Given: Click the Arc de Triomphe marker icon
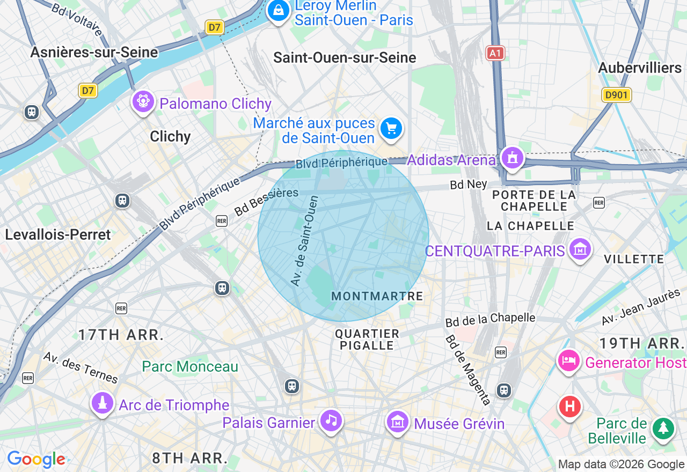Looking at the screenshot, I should pos(102,403).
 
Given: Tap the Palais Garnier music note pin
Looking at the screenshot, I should pos(331,421).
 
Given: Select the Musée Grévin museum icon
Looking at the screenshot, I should pos(398,422).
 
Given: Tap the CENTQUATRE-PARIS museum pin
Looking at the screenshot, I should pos(580,249).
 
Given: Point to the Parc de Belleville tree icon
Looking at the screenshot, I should pos(663,429).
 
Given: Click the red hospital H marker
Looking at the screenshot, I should pos(570,406).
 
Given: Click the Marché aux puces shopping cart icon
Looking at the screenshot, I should pos(391,129).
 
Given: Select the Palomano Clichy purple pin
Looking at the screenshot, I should pos(143,101).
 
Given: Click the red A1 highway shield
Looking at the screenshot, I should pos(495,53).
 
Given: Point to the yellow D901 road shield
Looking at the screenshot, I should pos(616,95).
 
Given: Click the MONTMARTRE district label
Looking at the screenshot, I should pos(377,296).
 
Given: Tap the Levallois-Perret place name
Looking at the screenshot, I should pos(58,234).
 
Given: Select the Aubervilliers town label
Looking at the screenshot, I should pos(640,68).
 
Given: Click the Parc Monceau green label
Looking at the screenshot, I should pos(190,367).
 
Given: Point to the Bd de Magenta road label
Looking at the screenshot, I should pos(468,370).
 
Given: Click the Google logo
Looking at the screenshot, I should pos(36,459).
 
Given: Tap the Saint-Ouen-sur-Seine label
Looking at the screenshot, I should pos(345,58).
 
